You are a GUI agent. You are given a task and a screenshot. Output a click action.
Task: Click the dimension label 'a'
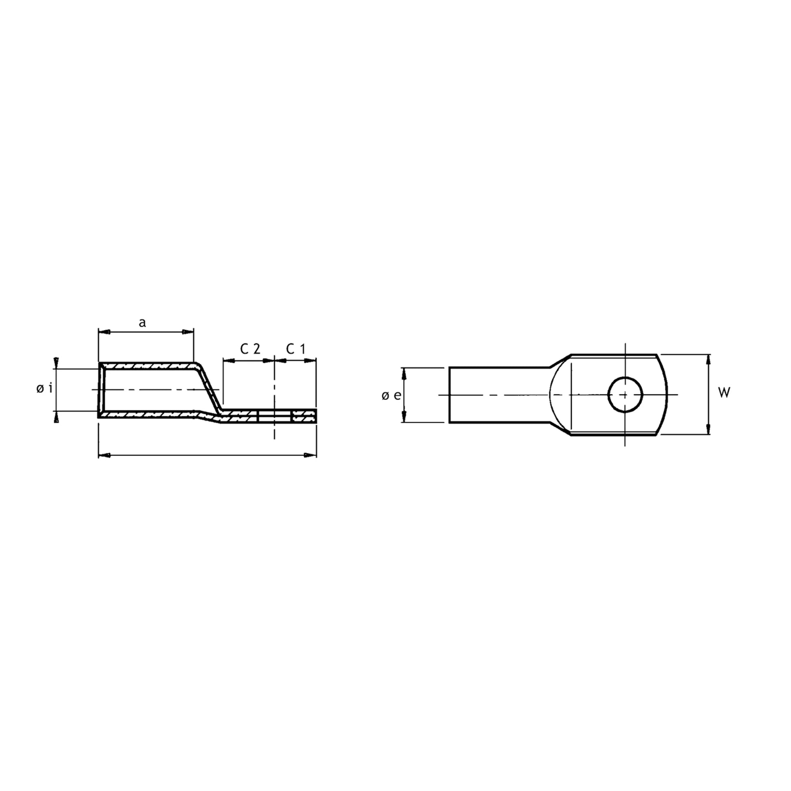pyautogui.click(x=142, y=323)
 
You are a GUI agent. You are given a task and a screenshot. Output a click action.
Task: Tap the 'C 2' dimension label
pyautogui.click(x=250, y=349)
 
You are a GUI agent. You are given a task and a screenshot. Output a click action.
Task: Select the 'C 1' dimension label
pyautogui.click(x=296, y=349)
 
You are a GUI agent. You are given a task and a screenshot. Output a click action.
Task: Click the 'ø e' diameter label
pyautogui.click(x=391, y=395)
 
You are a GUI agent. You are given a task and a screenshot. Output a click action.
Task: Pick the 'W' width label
pyautogui.click(x=724, y=393)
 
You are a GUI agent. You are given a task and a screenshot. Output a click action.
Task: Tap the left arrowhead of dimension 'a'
pyautogui.click(x=105, y=332)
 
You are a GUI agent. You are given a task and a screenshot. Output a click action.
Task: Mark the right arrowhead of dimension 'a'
pyautogui.click(x=187, y=332)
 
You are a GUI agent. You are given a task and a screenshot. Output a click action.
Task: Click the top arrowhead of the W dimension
pyautogui.click(x=709, y=360)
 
